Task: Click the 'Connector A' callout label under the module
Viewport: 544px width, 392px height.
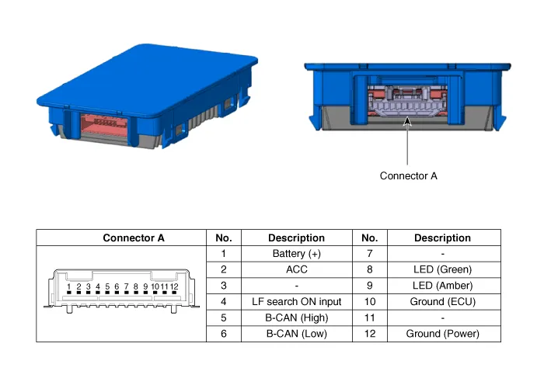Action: (x=408, y=176)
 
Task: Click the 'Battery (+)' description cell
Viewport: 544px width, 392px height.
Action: (x=296, y=254)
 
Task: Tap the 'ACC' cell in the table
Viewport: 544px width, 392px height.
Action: (x=296, y=270)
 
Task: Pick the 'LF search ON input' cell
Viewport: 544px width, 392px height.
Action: (x=296, y=302)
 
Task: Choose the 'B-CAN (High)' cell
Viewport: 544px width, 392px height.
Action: (x=296, y=317)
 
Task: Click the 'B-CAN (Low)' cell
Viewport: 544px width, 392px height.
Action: (x=296, y=334)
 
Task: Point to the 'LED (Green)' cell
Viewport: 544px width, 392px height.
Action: (x=442, y=270)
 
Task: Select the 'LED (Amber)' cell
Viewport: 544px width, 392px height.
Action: (x=442, y=286)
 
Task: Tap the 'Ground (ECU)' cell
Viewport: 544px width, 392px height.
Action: (x=442, y=302)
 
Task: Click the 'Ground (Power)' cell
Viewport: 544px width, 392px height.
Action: (x=442, y=334)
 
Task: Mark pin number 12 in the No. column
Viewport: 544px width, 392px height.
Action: (x=370, y=334)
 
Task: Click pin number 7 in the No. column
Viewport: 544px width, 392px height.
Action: (x=370, y=254)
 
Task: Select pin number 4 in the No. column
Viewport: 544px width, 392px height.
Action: (x=224, y=302)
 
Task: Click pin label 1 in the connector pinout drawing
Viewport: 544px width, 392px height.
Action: (x=69, y=287)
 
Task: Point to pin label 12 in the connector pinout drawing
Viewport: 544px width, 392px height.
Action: (x=174, y=287)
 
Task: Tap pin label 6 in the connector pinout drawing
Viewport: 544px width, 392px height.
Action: (x=117, y=287)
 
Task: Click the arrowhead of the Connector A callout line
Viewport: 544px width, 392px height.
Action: (x=408, y=118)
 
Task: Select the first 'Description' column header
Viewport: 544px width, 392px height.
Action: (x=296, y=238)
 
